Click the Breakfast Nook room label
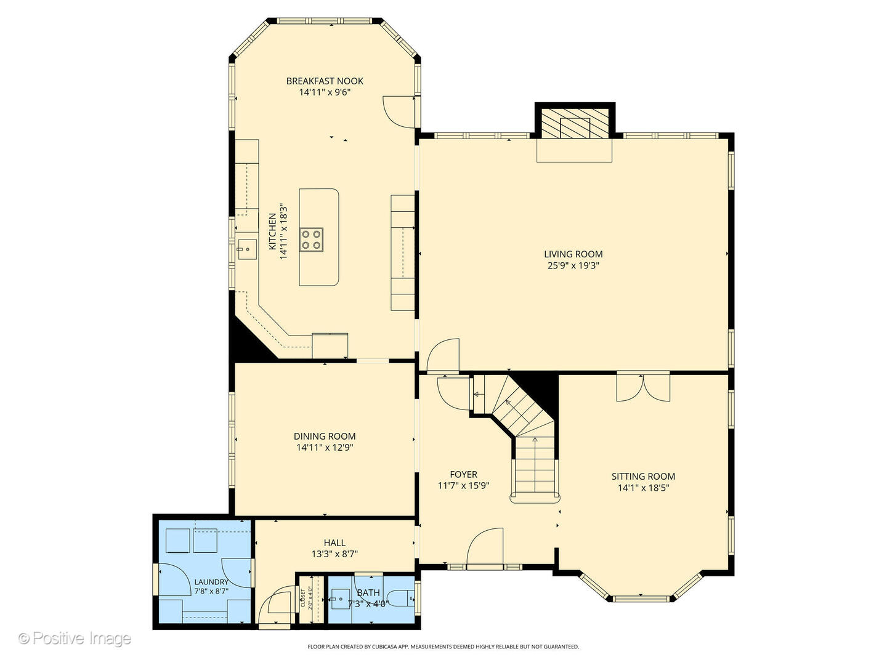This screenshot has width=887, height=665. click(325, 81)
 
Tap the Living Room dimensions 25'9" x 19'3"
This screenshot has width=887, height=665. click(573, 266)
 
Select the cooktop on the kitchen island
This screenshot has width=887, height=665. click(311, 240)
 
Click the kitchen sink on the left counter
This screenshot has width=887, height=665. click(247, 249)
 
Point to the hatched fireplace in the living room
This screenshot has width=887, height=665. click(575, 127)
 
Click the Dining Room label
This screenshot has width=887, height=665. click(325, 436)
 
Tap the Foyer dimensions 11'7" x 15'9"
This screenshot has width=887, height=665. click(463, 486)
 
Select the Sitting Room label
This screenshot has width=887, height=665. click(643, 476)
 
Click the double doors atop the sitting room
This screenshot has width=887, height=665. click(643, 387)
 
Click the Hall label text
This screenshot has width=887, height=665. click(334, 542)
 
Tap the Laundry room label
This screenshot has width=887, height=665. click(211, 582)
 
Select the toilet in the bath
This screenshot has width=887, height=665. click(404, 597)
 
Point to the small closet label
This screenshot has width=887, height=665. click(303, 597)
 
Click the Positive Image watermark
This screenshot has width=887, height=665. click(75, 639)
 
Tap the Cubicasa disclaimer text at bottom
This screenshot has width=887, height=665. click(443, 647)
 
